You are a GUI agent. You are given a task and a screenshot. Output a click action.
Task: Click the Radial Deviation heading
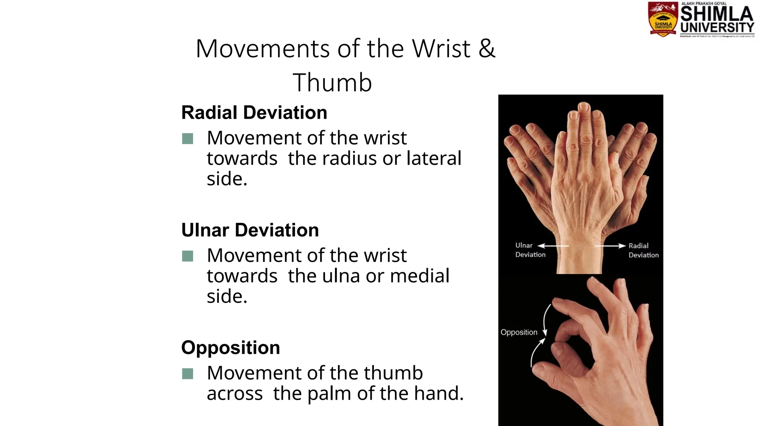coord(254,112)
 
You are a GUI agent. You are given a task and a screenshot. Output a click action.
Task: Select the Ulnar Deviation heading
coord(250,230)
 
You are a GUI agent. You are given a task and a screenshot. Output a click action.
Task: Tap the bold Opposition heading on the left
coord(230,348)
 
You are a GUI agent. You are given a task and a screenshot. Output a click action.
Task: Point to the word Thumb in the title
coord(332,82)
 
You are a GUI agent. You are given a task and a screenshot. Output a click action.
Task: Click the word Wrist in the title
coord(441,48)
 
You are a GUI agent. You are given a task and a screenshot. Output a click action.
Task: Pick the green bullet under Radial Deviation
coord(188,139)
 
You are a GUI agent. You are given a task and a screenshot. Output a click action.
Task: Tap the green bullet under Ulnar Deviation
coord(188,256)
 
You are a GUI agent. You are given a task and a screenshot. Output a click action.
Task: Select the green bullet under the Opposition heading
coord(188,373)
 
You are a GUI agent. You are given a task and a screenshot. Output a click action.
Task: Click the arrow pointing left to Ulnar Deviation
coord(553,246)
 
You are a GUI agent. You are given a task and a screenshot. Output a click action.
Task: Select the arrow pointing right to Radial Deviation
coord(610,246)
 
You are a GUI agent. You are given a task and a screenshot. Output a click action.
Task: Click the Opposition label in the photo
coord(519,332)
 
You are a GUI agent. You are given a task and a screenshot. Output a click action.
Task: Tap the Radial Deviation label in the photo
coord(643,250)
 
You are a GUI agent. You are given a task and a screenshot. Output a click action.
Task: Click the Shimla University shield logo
coord(663,19)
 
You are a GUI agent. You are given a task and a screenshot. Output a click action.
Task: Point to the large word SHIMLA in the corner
coord(717,14)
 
